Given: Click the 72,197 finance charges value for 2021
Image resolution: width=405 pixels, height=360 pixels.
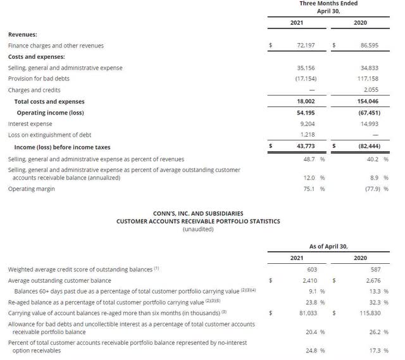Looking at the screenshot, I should (x=313, y=46).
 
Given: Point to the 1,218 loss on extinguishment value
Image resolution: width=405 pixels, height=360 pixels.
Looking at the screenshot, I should (x=317, y=135).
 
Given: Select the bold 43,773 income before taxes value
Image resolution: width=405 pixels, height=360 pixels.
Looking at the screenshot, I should (x=313, y=147).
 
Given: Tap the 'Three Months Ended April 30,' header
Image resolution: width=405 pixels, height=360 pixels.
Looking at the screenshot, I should (x=328, y=7).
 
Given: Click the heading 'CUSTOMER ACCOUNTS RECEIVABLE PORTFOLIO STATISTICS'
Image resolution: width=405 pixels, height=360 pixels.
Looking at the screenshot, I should (x=198, y=221).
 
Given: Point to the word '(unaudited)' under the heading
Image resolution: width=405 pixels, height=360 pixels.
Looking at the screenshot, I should (x=198, y=229).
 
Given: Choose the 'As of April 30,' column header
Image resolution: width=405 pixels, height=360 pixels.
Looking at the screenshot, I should (x=328, y=246).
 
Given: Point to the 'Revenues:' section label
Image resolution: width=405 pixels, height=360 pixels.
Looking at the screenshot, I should (x=23, y=34).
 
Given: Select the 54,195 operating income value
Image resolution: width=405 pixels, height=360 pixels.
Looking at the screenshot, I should (x=313, y=113).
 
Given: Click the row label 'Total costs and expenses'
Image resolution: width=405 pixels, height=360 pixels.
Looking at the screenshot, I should (x=49, y=101).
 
